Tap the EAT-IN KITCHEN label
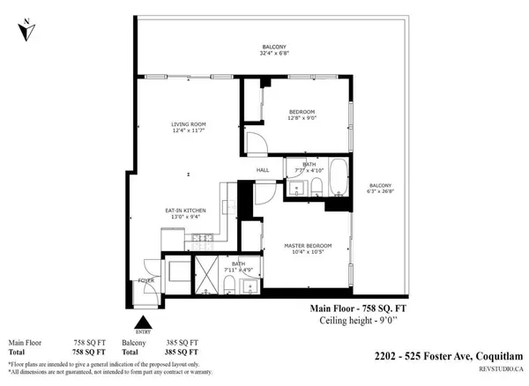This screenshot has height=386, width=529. [185, 210]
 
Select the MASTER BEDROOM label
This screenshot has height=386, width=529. [307, 245]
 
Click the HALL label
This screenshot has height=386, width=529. [262, 170]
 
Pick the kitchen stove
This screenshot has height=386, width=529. [202, 238]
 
